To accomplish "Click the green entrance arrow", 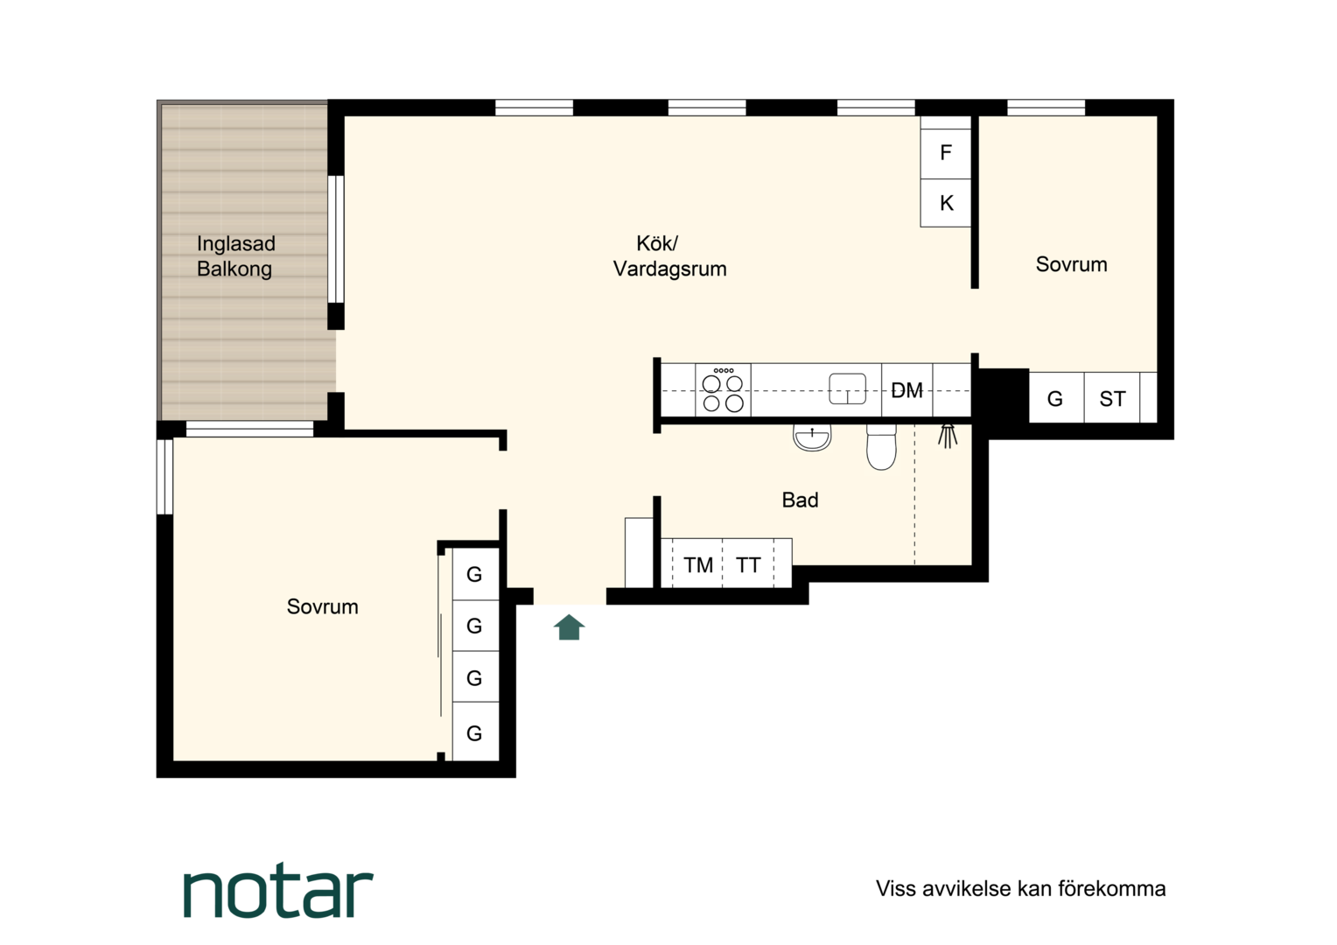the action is click(x=569, y=627).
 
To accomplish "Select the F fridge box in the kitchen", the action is click(x=946, y=153).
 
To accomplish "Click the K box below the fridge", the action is click(x=946, y=203).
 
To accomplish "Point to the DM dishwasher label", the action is click(x=906, y=390).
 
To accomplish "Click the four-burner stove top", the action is click(x=723, y=390).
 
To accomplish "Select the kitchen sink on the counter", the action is click(x=848, y=388).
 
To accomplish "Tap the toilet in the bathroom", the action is click(x=882, y=447).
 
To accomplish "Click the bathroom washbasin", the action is click(x=812, y=437).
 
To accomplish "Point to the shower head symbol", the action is click(x=948, y=436).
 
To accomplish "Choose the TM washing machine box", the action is click(x=697, y=563).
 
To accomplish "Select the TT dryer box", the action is click(x=748, y=563).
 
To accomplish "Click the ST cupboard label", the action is click(x=1113, y=399).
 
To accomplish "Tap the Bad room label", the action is click(x=800, y=500).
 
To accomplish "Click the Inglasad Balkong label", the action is click(x=235, y=256).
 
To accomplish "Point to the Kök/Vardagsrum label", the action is click(x=669, y=256).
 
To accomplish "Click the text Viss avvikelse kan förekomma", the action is click(x=1020, y=888).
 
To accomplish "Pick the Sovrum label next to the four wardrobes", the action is click(x=322, y=606).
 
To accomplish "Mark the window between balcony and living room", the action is click(x=336, y=239).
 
